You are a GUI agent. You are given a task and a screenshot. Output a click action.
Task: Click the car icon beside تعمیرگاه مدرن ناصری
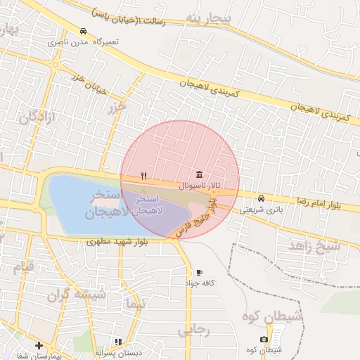coord(84,32)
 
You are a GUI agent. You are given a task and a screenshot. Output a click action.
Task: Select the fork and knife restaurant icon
coord(144,176)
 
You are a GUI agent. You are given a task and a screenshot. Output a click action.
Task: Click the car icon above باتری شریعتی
coord(262,198)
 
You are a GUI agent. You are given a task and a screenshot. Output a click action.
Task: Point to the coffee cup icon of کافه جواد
coord(199,273)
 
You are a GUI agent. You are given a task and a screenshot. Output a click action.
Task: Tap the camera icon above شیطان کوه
coord(264,340)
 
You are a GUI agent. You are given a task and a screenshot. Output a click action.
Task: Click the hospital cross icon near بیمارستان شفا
coord(39,346)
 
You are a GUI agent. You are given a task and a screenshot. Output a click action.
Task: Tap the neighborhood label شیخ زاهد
coord(314,246)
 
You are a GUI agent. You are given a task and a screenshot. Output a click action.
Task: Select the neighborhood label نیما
coord(134,304)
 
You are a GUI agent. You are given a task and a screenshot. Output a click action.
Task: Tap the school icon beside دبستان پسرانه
coord(118,342)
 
